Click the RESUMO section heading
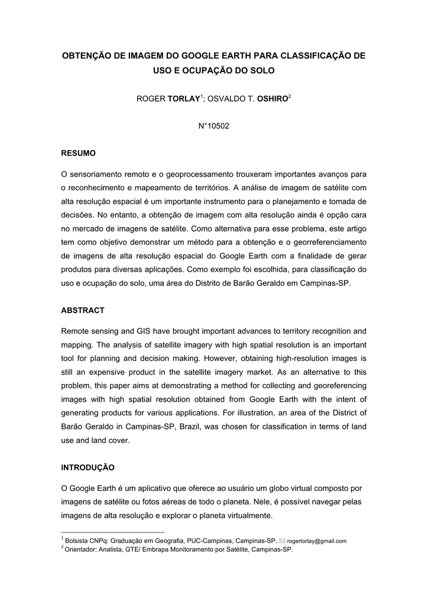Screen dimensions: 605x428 [x=79, y=154]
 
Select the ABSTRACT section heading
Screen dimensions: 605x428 [x=83, y=310]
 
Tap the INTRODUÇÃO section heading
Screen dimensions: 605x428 [x=88, y=467]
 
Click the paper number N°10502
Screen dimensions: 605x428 [x=213, y=126]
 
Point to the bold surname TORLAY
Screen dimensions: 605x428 [x=183, y=98]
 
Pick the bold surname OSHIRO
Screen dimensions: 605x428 [x=272, y=98]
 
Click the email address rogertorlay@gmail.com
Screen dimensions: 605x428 [x=316, y=541]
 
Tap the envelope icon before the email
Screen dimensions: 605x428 [x=282, y=541]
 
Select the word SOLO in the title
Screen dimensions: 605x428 [x=264, y=70]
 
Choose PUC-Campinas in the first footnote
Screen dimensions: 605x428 [x=200, y=541]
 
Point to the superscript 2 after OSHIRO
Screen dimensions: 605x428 [x=290, y=96]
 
